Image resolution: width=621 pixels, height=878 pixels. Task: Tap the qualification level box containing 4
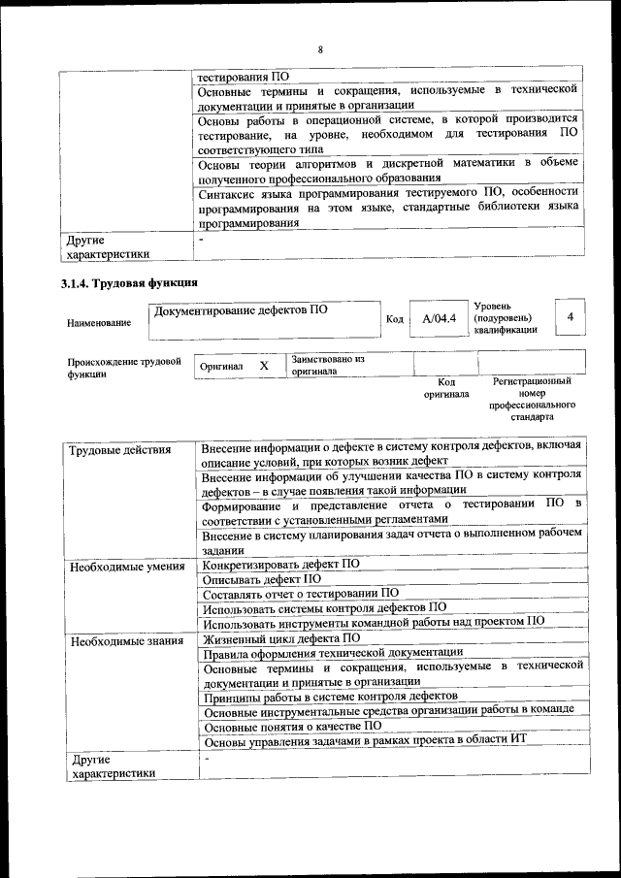pos(570,316)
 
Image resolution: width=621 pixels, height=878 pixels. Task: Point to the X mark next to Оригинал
pos(264,366)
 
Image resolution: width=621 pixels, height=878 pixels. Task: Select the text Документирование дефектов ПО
pos(241,310)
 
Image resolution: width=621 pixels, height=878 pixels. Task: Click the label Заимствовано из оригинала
pos(327,365)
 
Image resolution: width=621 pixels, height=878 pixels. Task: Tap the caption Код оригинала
pos(445,388)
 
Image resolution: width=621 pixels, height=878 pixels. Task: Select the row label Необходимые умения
pos(127,565)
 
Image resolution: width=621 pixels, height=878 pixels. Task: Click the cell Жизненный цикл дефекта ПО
pos(281,638)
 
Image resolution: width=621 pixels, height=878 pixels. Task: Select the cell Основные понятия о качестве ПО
pos(293,725)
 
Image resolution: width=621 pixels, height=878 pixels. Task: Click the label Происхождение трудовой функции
pos(124,368)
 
